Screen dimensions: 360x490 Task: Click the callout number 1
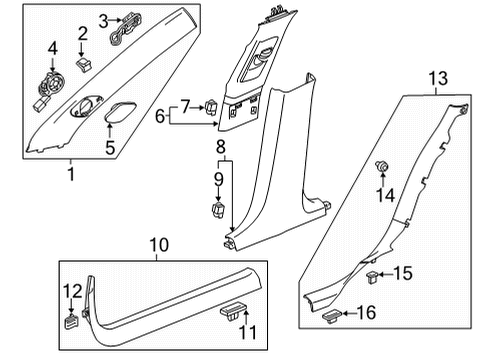click(69, 172)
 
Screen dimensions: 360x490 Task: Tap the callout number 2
click(83, 33)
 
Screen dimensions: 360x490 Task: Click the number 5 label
click(112, 148)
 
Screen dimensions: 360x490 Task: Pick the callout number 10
click(155, 243)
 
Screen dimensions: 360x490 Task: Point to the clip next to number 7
click(213, 106)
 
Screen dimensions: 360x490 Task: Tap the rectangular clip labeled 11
click(232, 312)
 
